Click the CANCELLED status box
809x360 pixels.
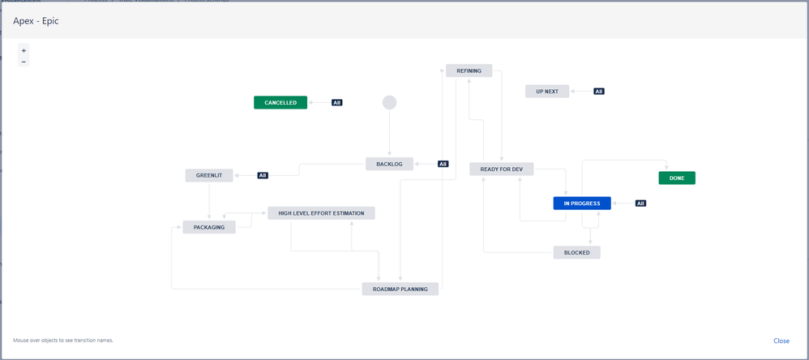tap(280, 103)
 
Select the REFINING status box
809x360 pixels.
tap(469, 71)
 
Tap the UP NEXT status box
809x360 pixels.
tap(547, 92)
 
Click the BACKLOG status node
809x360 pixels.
tap(389, 164)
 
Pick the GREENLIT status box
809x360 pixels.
tap(209, 175)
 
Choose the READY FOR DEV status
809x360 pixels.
tap(501, 169)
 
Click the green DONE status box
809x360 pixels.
tap(677, 178)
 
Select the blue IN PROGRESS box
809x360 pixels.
tap(581, 204)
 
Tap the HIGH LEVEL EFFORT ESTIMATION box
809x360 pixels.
tap(321, 213)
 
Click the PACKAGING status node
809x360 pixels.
tap(209, 227)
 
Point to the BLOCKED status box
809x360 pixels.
tap(576, 252)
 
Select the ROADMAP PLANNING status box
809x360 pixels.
tap(400, 289)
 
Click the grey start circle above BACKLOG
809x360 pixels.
tap(389, 102)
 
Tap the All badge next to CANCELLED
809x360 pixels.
tap(336, 103)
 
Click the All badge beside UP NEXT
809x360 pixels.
tap(599, 92)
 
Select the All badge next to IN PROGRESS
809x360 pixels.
tap(640, 204)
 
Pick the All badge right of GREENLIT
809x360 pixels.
tap(263, 175)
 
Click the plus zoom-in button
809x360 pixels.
tap(24, 50)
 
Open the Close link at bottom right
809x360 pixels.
tap(781, 341)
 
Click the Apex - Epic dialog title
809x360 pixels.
tap(36, 21)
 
